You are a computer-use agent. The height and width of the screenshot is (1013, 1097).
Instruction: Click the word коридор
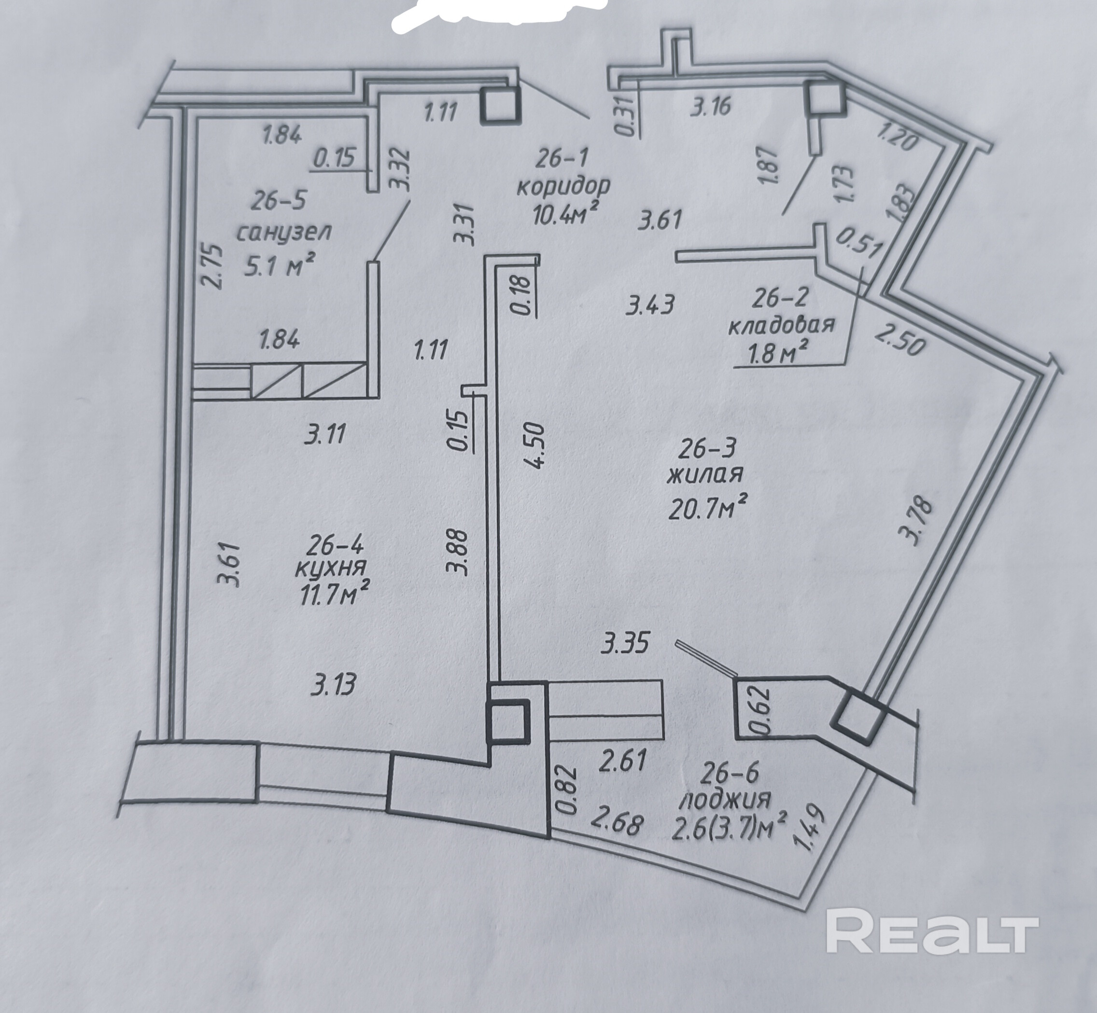click(563, 186)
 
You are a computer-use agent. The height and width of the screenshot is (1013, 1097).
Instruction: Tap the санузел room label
click(283, 233)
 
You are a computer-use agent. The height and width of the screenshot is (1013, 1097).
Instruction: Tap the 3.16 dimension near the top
click(711, 106)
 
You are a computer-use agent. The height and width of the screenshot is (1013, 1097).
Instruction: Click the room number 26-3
click(704, 449)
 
